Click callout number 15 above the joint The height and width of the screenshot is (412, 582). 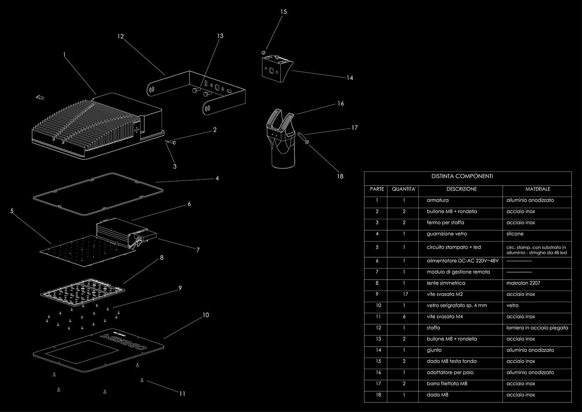[x=284, y=12]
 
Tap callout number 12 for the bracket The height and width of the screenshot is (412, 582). [x=121, y=37]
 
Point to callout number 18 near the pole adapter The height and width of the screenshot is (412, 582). [x=340, y=176]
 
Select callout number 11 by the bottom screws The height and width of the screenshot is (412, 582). [x=182, y=394]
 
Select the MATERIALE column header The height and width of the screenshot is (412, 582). [x=538, y=189]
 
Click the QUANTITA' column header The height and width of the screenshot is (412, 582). [x=404, y=189]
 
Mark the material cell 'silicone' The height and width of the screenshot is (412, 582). [x=515, y=234]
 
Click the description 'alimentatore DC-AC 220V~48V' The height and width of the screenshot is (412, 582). [x=462, y=261]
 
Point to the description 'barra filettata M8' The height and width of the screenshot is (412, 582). [x=447, y=384]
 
